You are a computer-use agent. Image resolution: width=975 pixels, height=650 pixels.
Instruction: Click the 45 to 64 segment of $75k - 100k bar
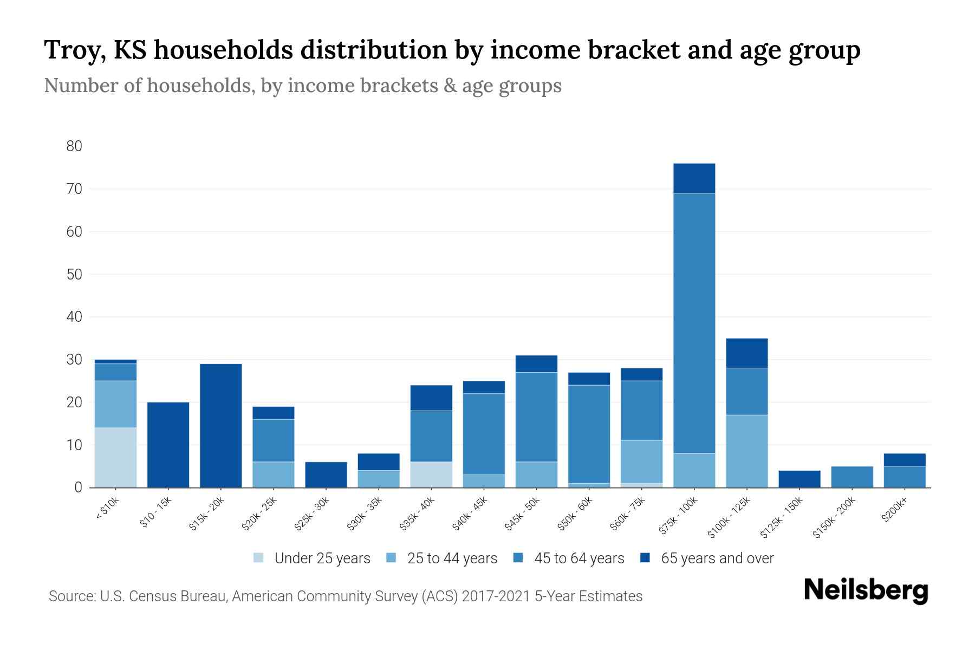[694, 323]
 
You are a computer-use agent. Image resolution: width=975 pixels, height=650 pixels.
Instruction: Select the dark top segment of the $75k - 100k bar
[694, 178]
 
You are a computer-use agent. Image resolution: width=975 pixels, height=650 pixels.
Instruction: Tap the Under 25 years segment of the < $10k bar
[115, 457]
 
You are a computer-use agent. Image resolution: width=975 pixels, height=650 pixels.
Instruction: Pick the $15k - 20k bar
[220, 425]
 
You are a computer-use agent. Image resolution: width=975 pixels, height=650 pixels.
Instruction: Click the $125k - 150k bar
[799, 479]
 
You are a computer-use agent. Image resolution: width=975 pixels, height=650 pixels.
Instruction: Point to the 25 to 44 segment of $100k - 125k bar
[746, 451]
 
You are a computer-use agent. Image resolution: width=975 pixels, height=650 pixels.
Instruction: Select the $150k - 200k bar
[851, 477]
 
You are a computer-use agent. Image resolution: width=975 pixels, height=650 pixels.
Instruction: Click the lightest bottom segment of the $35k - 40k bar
[431, 474]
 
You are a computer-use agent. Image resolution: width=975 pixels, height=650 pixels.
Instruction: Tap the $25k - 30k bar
[326, 474]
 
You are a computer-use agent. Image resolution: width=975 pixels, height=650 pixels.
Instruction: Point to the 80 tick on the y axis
[74, 146]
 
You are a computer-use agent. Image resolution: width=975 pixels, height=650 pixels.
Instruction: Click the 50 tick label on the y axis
[74, 275]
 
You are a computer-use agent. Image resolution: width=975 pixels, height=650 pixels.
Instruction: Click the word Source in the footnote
[71, 596]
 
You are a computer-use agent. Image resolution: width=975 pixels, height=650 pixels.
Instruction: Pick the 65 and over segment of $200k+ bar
[904, 459]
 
